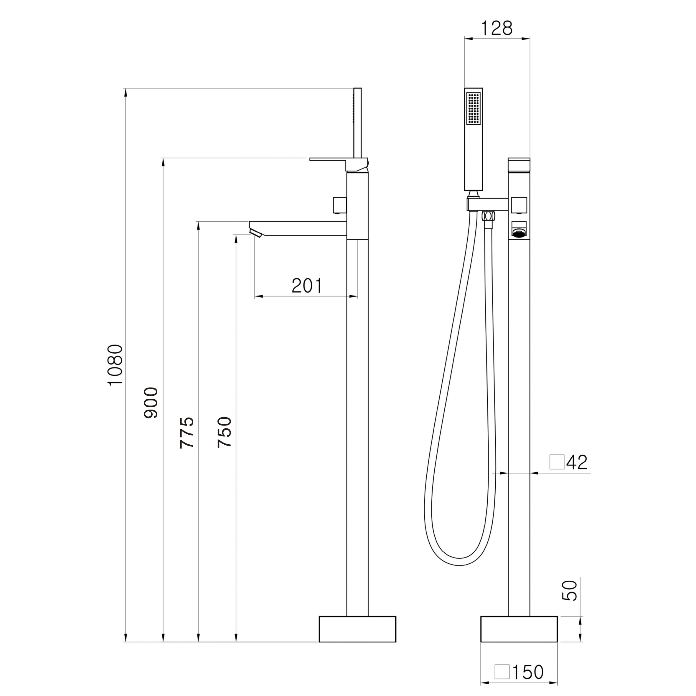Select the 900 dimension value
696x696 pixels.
tap(151, 403)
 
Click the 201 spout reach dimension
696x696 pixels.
tap(307, 286)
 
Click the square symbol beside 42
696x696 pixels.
tap(557, 462)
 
